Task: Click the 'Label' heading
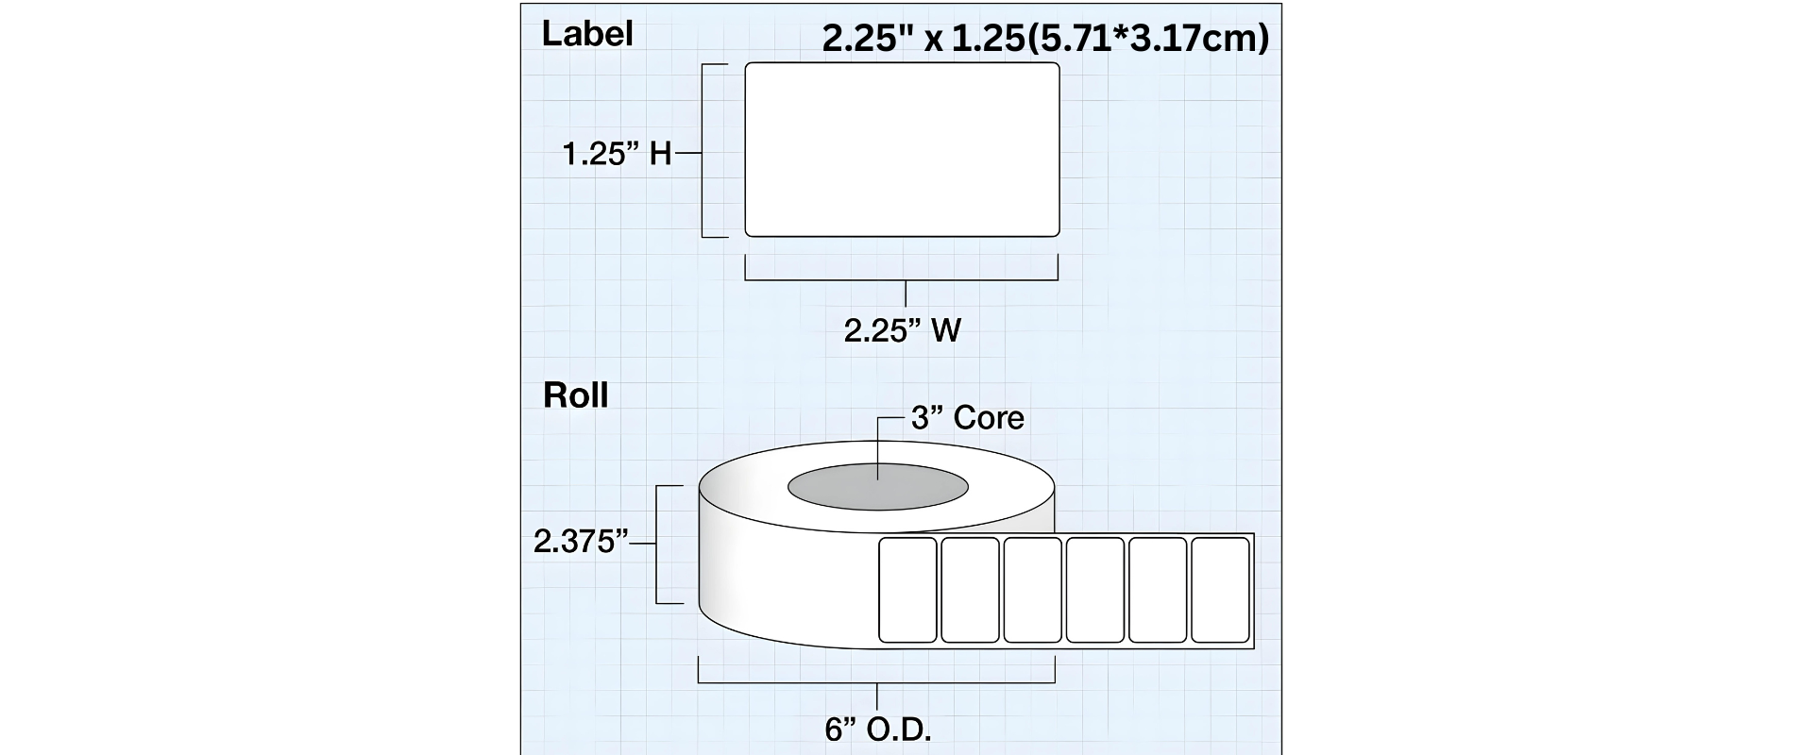coord(586,34)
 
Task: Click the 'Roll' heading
coord(575,395)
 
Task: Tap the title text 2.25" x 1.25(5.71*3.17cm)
coord(1045,39)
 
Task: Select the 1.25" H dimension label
coord(617,153)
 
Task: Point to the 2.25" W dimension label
coord(902,330)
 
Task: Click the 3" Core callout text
coord(967,417)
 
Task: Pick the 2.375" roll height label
coord(581,542)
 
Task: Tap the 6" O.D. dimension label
coord(877,730)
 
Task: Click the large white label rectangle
coord(902,149)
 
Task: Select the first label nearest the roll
coord(907,590)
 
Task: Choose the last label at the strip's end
coord(1220,590)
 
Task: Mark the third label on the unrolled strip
coord(1032,590)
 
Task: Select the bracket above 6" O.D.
coord(876,681)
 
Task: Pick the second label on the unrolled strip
coord(970,590)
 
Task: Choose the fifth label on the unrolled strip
coord(1158,590)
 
